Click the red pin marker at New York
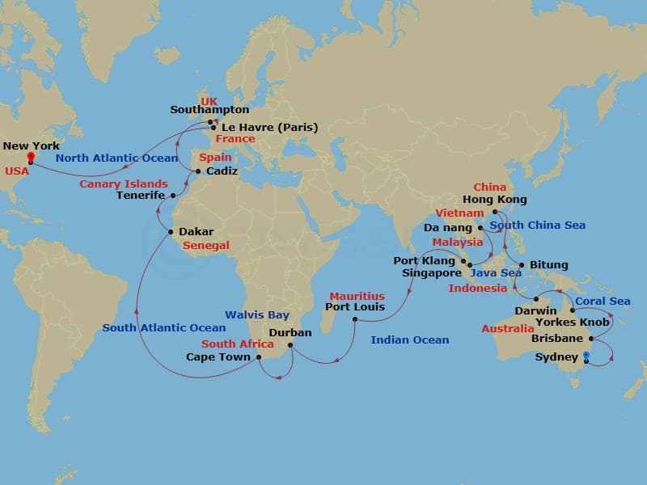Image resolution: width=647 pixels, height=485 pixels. coord(30,156)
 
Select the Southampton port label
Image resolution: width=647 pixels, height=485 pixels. coord(209,110)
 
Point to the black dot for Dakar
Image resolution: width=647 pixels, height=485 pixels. coord(171,232)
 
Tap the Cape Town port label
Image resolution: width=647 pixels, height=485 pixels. coord(218,356)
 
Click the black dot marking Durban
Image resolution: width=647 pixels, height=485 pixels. coord(290,348)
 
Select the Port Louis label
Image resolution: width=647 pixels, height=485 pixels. coord(354,307)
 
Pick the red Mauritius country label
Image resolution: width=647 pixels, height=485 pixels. coord(357,297)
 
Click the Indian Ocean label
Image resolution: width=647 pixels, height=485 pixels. coord(409,340)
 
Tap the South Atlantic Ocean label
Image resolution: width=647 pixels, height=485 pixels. coord(164,327)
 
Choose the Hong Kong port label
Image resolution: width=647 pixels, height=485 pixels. coord(494,200)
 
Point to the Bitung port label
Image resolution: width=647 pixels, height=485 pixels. coord(549,265)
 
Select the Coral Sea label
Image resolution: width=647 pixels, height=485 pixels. coord(603,302)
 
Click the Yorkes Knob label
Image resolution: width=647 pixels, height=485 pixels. coord(574,322)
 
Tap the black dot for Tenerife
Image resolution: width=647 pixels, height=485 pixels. coord(173,196)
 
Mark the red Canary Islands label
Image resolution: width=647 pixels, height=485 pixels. coord(124,184)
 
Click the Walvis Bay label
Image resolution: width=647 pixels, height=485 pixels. coord(258,314)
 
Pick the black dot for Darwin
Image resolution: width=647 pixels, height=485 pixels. coord(535,299)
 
